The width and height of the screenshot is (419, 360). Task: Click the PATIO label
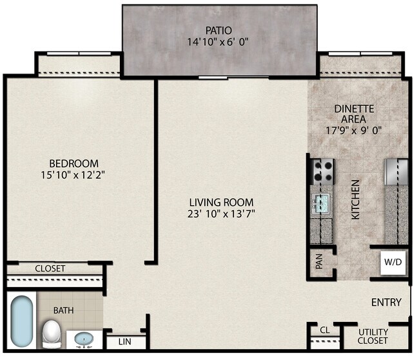[219, 30]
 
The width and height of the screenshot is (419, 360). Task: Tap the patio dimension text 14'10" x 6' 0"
[219, 43]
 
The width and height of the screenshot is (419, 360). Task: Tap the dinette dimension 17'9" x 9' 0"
[354, 129]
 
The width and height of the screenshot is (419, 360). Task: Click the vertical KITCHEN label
[355, 200]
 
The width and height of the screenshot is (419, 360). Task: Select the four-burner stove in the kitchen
[323, 171]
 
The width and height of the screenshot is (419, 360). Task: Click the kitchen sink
[320, 204]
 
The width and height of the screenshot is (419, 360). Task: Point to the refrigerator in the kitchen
[396, 172]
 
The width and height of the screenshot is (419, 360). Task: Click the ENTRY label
[386, 302]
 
